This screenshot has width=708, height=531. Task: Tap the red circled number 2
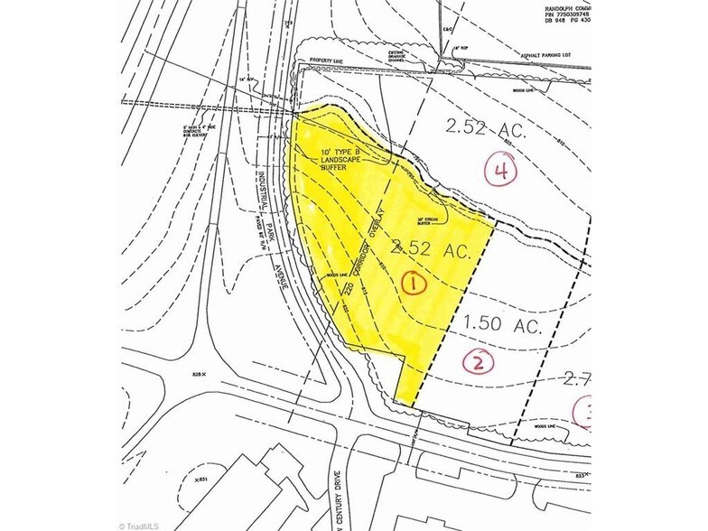coord(478,362)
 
